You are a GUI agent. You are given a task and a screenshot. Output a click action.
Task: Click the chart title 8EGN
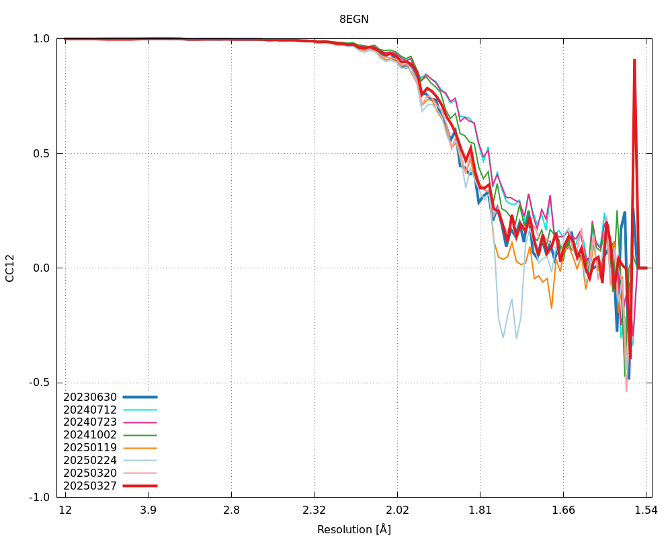[353, 20]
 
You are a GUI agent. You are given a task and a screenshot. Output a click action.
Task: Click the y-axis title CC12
[10, 268]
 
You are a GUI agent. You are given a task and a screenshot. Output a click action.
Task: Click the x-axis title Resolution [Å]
[353, 529]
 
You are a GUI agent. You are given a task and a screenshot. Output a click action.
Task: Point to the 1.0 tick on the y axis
[42, 39]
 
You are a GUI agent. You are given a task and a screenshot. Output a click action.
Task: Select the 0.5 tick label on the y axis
[42, 153]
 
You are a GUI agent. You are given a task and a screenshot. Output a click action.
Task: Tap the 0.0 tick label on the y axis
[42, 268]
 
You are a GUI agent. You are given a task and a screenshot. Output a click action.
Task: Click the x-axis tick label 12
[65, 510]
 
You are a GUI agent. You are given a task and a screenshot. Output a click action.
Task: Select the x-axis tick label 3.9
[149, 510]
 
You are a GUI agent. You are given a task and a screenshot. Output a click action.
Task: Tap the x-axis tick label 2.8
[231, 510]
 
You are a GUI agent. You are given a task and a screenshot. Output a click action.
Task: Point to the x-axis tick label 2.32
[314, 510]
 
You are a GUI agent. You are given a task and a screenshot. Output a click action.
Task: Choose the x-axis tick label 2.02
[397, 510]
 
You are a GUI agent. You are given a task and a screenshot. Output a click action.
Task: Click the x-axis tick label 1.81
[480, 510]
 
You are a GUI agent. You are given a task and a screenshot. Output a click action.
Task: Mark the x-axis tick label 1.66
[563, 510]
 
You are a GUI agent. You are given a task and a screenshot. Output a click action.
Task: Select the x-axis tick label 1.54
[646, 510]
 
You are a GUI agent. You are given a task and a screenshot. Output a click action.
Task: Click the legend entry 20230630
[90, 397]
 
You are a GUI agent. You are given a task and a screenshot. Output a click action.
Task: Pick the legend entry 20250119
[90, 447]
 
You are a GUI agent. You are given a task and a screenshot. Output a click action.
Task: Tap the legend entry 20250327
[90, 486]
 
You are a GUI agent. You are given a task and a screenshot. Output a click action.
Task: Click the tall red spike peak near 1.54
[634, 61]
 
